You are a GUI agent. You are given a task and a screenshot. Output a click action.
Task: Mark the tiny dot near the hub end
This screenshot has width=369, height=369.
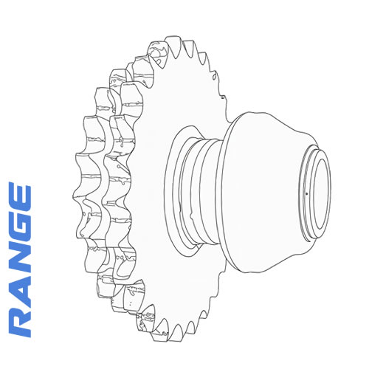(304, 193)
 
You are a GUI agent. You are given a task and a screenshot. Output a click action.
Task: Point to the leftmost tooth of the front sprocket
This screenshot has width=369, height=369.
(79, 196)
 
